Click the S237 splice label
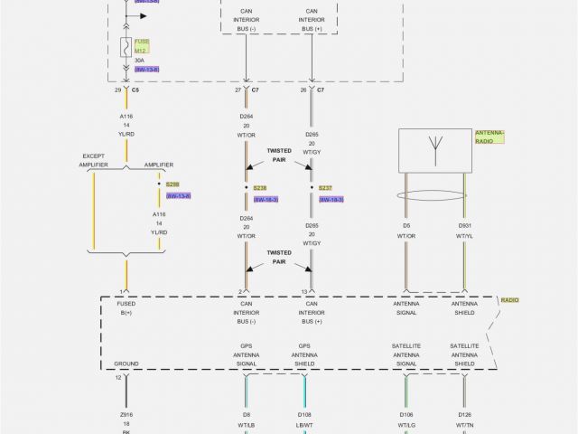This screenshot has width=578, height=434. (x=326, y=188)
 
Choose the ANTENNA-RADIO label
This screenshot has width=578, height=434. (x=489, y=137)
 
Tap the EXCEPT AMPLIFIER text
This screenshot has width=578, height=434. (x=94, y=160)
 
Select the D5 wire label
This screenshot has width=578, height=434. (x=406, y=225)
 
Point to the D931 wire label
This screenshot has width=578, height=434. (x=464, y=225)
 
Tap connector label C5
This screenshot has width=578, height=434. (x=135, y=91)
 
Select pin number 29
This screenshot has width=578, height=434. (x=117, y=91)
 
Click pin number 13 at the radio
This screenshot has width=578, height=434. (x=304, y=291)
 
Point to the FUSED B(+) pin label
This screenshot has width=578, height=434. (x=126, y=308)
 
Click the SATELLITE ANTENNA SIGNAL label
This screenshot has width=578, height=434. (x=406, y=355)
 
